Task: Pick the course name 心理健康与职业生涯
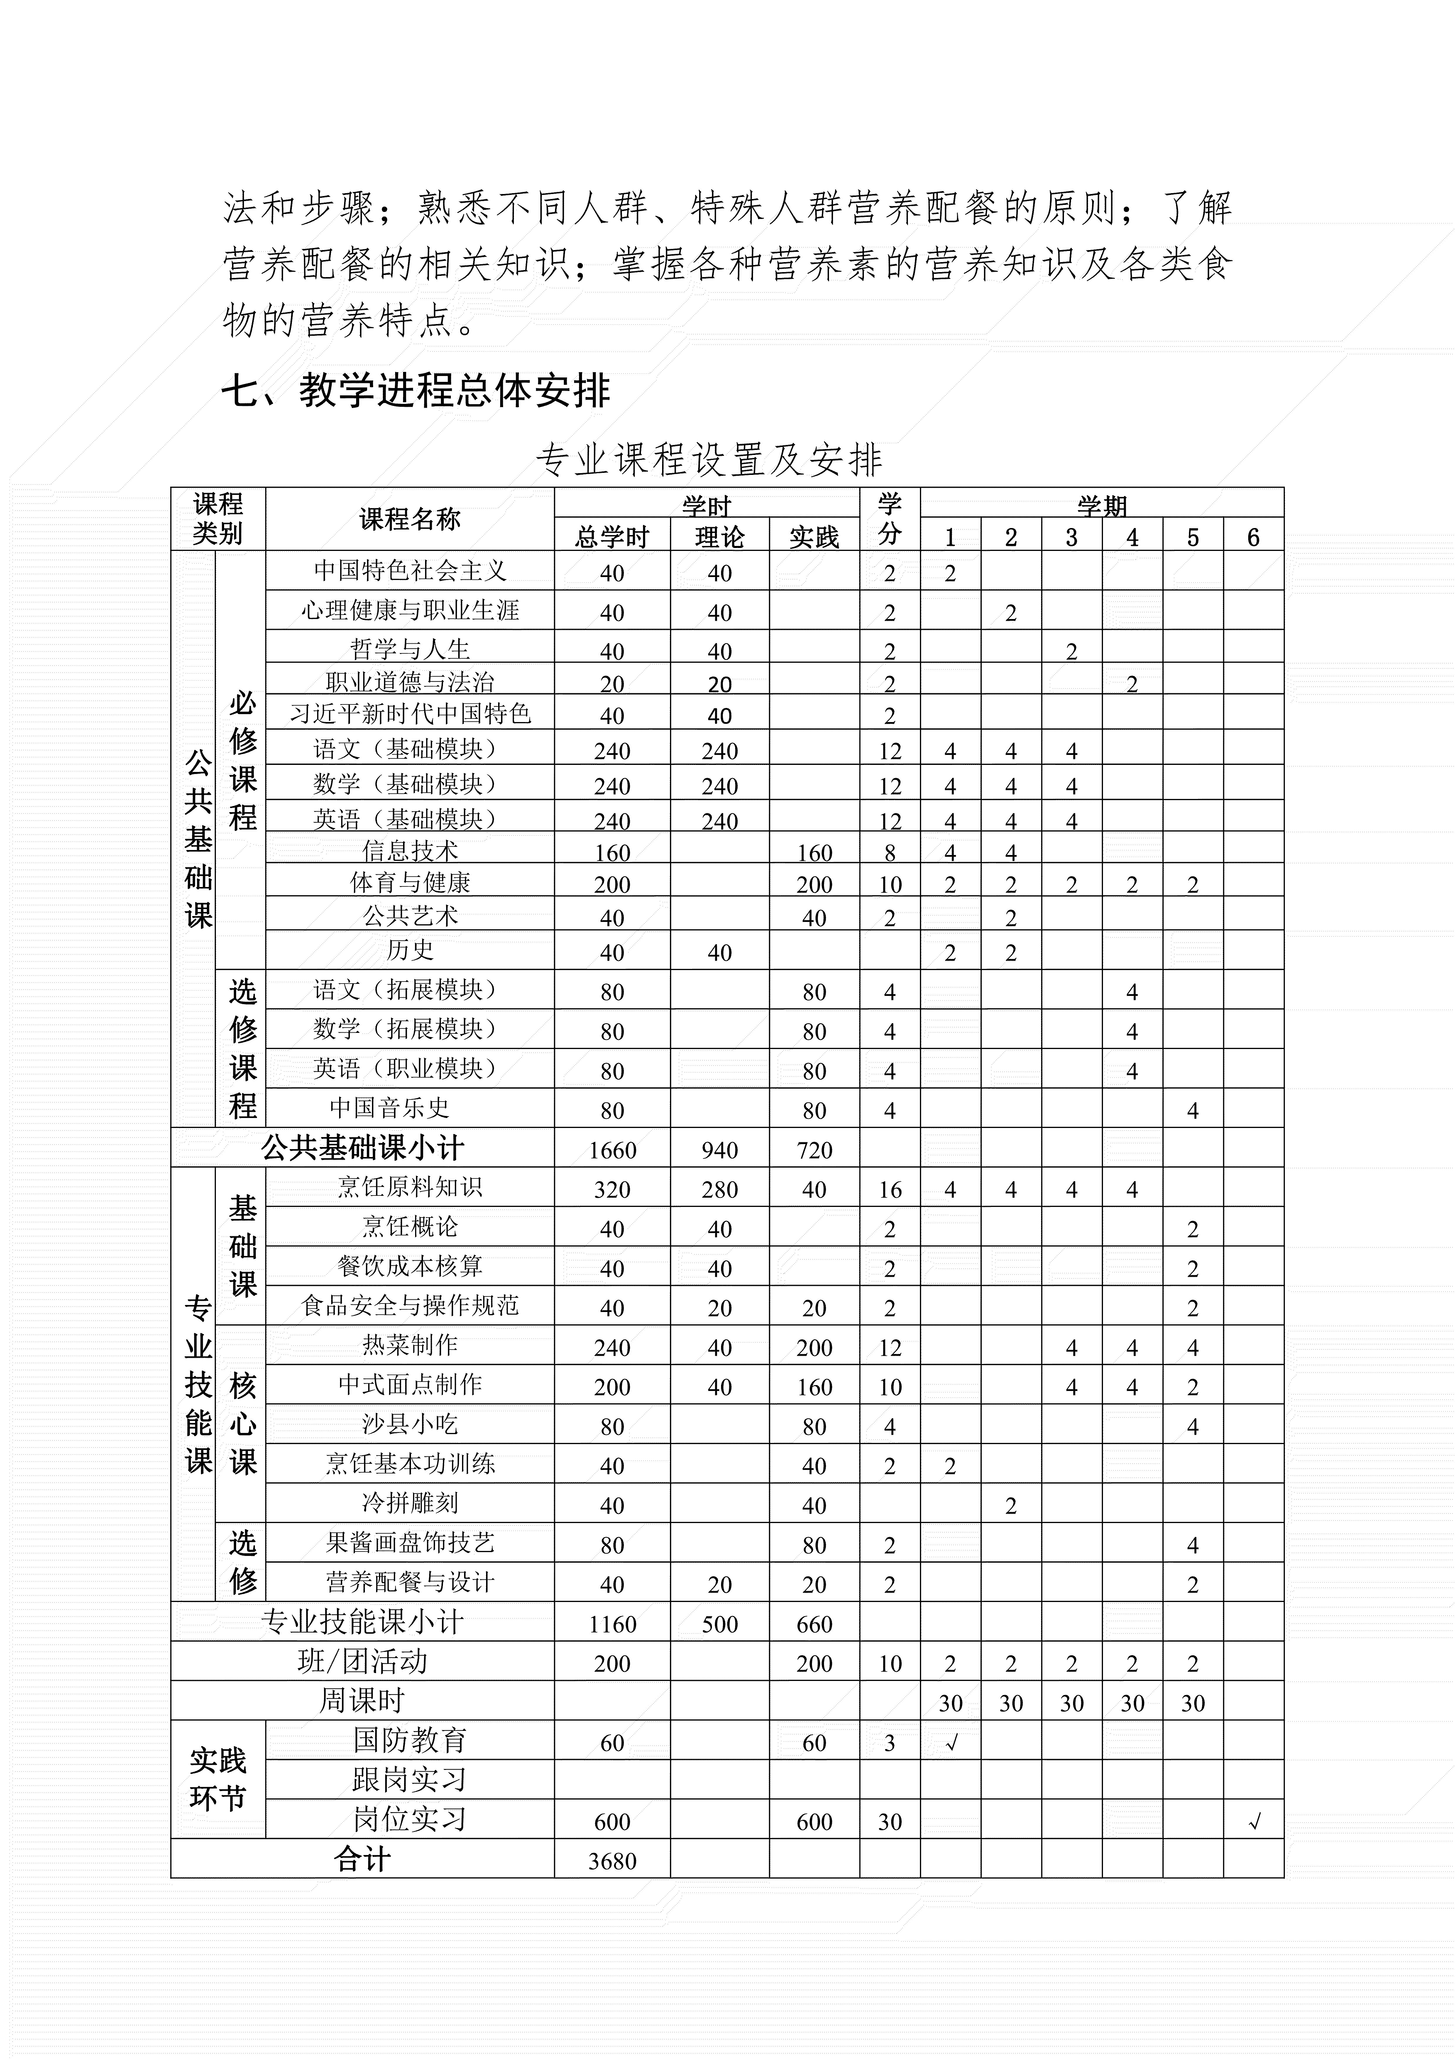coord(410,611)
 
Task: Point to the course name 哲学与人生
coord(410,648)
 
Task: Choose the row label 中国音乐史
coord(389,1107)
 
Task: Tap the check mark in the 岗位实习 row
coord(1253,1821)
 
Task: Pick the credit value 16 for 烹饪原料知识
coord(889,1189)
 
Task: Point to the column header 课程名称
coord(410,519)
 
